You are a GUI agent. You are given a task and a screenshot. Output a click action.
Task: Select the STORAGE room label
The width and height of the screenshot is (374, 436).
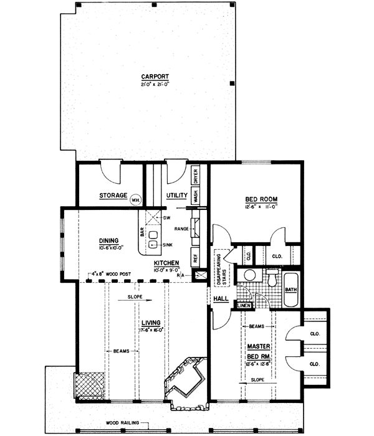click(x=113, y=196)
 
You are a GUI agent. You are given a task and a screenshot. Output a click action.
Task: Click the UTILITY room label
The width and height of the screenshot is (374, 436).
click(x=178, y=196)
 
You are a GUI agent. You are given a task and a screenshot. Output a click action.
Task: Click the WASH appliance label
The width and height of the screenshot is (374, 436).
click(x=195, y=196)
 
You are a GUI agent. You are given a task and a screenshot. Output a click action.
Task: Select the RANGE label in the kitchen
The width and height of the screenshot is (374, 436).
click(x=182, y=229)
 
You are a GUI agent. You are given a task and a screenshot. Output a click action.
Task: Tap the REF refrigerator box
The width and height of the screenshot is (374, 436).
click(x=196, y=255)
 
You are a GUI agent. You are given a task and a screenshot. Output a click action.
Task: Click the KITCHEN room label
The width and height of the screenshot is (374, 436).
click(x=167, y=263)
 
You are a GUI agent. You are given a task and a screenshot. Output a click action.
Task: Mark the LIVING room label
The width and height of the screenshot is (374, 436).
click(x=150, y=322)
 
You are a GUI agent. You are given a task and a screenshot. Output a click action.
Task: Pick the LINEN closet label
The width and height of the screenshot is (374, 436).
click(x=244, y=306)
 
